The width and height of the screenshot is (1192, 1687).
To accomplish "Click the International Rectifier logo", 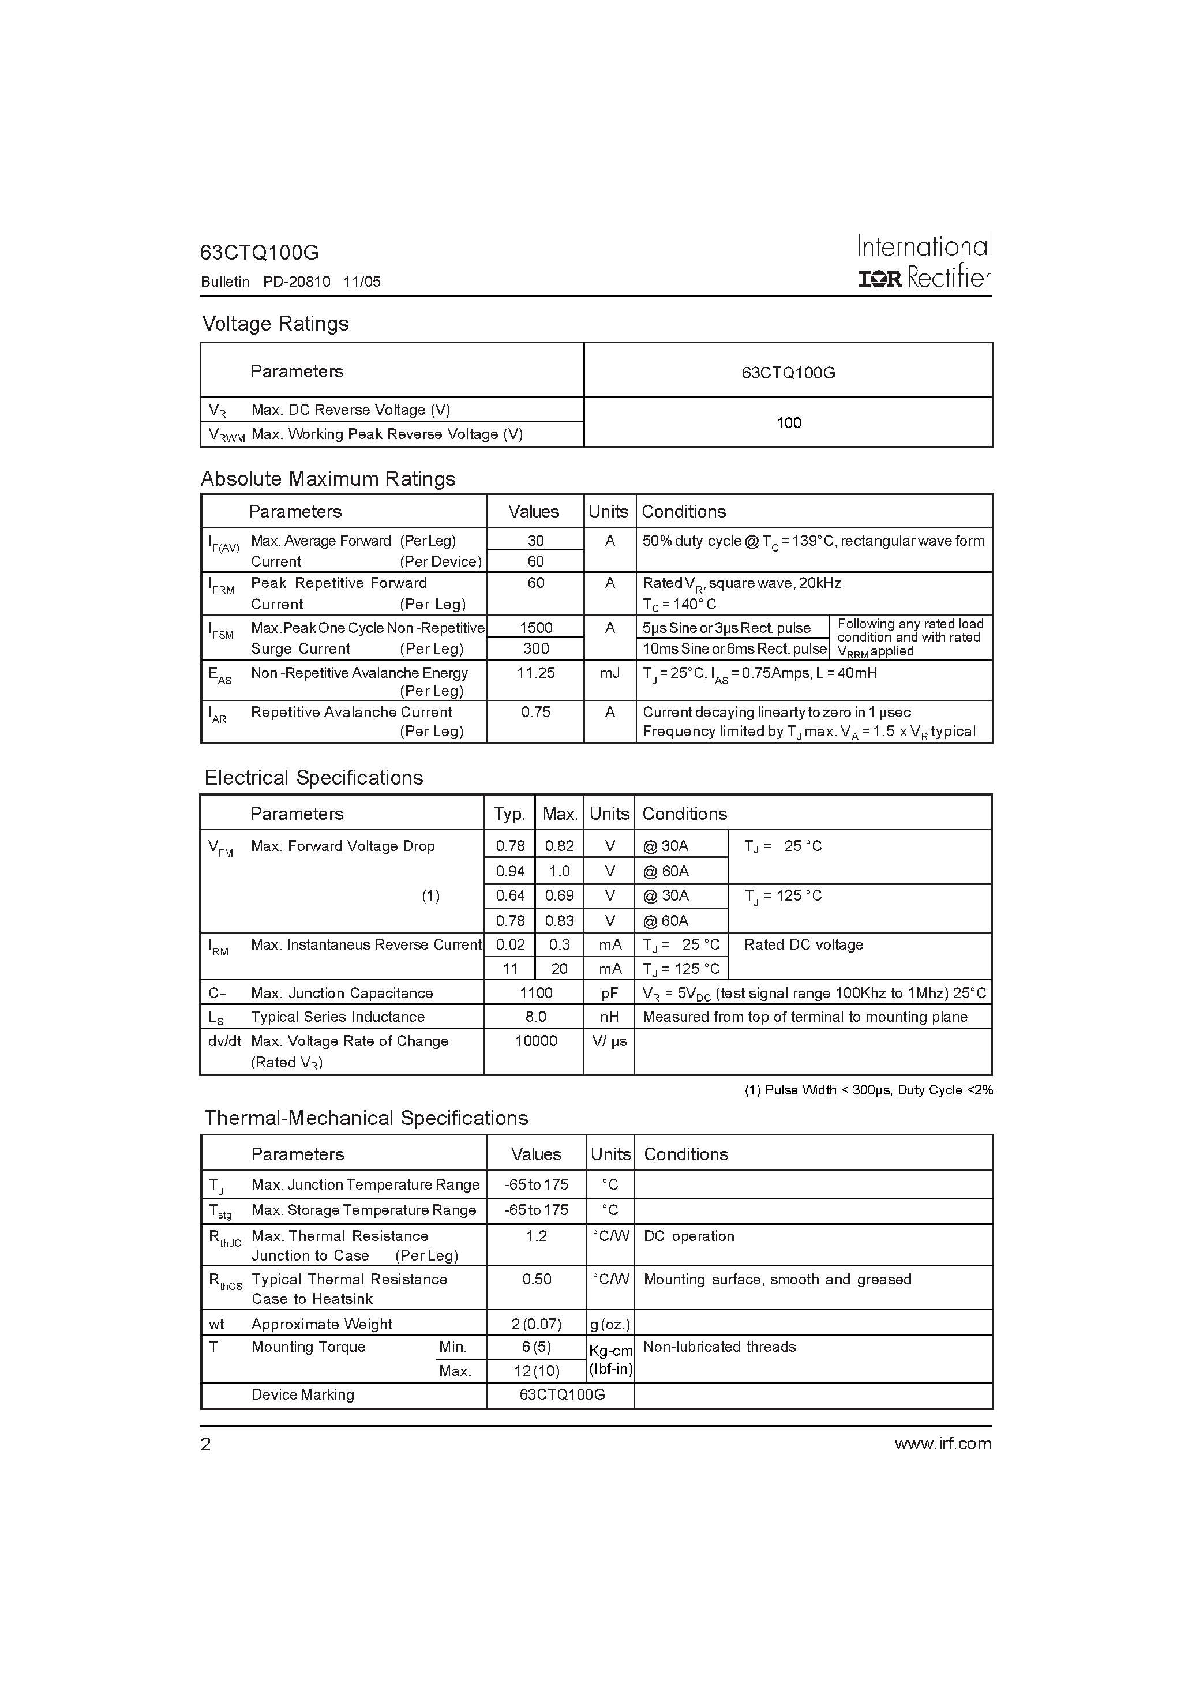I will pyautogui.click(x=924, y=261).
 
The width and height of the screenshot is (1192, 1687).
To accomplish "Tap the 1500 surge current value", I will pyautogui.click(x=536, y=628).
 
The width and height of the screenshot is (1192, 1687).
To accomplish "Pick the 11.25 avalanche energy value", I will pyautogui.click(x=536, y=673).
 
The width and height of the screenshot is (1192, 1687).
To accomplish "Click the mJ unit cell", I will pyautogui.click(x=609, y=673).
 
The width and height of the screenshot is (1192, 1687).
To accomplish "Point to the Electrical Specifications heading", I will pyautogui.click(x=314, y=778).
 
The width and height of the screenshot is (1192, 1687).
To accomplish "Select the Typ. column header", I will pyautogui.click(x=509, y=814).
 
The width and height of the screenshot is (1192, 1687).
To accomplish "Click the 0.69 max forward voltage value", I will pyautogui.click(x=559, y=895).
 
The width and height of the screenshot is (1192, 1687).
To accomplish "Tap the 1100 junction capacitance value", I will pyautogui.click(x=536, y=994).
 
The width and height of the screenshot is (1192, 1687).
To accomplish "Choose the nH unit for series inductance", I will pyautogui.click(x=609, y=1017).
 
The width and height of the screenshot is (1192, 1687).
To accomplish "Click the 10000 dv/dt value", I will pyautogui.click(x=536, y=1041).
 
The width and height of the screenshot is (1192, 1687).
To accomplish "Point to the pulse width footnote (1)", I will pyautogui.click(x=868, y=1090).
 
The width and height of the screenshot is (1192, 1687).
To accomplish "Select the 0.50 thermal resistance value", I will pyautogui.click(x=537, y=1279).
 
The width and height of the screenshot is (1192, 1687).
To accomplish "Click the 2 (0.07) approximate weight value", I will pyautogui.click(x=537, y=1324).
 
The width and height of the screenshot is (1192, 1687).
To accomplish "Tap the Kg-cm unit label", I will pyautogui.click(x=610, y=1351).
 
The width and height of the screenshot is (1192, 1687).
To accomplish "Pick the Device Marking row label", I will pyautogui.click(x=303, y=1394).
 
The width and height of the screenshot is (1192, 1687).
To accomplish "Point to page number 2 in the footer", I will pyautogui.click(x=206, y=1445).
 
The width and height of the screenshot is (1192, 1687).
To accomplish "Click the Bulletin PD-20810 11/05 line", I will pyautogui.click(x=291, y=282).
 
